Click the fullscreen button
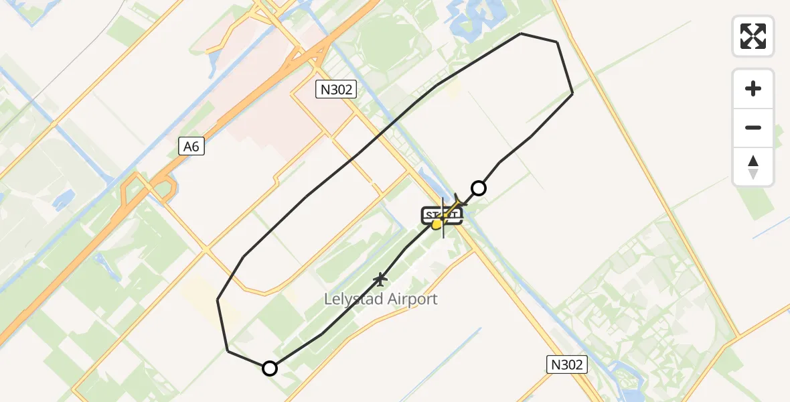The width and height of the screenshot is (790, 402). tap(753, 36)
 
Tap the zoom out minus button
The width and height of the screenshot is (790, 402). tap(753, 127)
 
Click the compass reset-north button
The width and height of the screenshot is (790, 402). tap(753, 167)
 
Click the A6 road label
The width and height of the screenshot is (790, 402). tap(191, 147)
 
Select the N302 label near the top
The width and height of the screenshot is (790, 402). tap(336, 89)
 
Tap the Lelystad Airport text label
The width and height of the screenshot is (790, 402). tap(380, 299)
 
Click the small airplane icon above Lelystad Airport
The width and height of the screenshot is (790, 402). tap(381, 278)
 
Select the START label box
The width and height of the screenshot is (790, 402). tap(442, 216)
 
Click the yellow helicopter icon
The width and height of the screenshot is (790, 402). tap(438, 224)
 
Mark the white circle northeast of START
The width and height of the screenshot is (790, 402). tap(479, 188)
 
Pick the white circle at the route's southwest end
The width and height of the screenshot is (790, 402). tap(270, 368)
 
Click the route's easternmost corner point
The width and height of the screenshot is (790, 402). tap(572, 94)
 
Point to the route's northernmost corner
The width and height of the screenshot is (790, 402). tap(521, 33)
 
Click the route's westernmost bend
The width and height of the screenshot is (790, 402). tap(218, 299)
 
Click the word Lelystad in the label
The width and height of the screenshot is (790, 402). tap(351, 299)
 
